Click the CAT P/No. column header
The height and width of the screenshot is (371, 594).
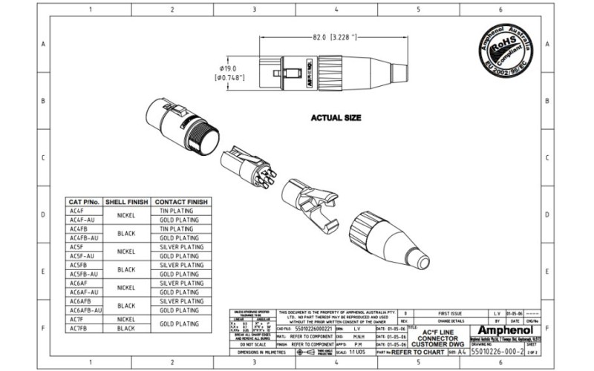pos(83,202)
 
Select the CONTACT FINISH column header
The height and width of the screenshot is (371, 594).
pos(181,202)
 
